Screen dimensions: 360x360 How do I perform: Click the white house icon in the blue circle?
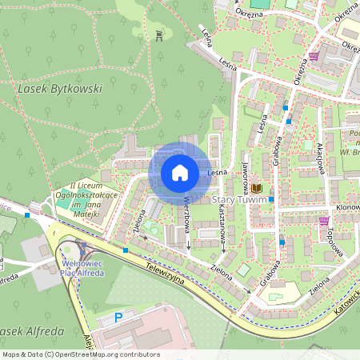coord(180,172)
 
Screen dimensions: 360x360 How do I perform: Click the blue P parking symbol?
coord(119,318)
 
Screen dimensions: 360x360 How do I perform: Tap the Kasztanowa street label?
coord(222,220)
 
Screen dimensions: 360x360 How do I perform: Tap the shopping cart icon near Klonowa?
coord(324,221)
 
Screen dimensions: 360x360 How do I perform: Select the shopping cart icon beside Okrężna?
coord(314,56)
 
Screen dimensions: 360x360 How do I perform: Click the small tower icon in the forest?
coord(160,34)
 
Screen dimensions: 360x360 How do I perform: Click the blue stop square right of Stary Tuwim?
coord(272,198)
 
